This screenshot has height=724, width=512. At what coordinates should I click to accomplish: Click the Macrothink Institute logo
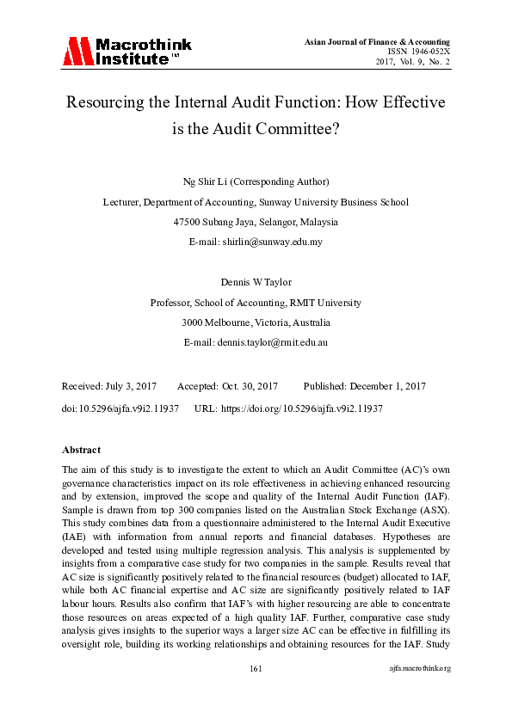pyautogui.click(x=126, y=51)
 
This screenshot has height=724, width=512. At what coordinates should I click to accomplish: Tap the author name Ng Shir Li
pyautogui.click(x=206, y=182)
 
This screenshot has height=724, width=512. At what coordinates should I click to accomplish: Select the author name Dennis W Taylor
pyautogui.click(x=256, y=282)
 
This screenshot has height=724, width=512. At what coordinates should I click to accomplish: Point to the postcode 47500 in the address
pyautogui.click(x=188, y=222)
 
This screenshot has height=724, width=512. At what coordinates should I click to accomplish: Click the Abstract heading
pyautogui.click(x=82, y=450)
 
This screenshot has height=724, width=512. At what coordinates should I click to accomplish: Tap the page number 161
pyautogui.click(x=256, y=692)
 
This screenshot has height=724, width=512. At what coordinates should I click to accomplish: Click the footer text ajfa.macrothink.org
pyautogui.click(x=420, y=692)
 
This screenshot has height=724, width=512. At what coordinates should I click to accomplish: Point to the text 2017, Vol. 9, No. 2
pyautogui.click(x=413, y=62)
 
